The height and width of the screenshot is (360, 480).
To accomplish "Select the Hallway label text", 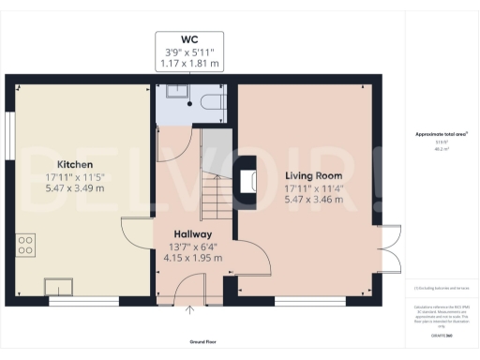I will point(191,234).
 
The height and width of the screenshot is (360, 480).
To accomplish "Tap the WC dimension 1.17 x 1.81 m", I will point(190,64).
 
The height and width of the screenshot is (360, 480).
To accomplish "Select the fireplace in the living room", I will point(247,182).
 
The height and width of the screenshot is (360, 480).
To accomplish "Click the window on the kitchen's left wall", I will point(7,137).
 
